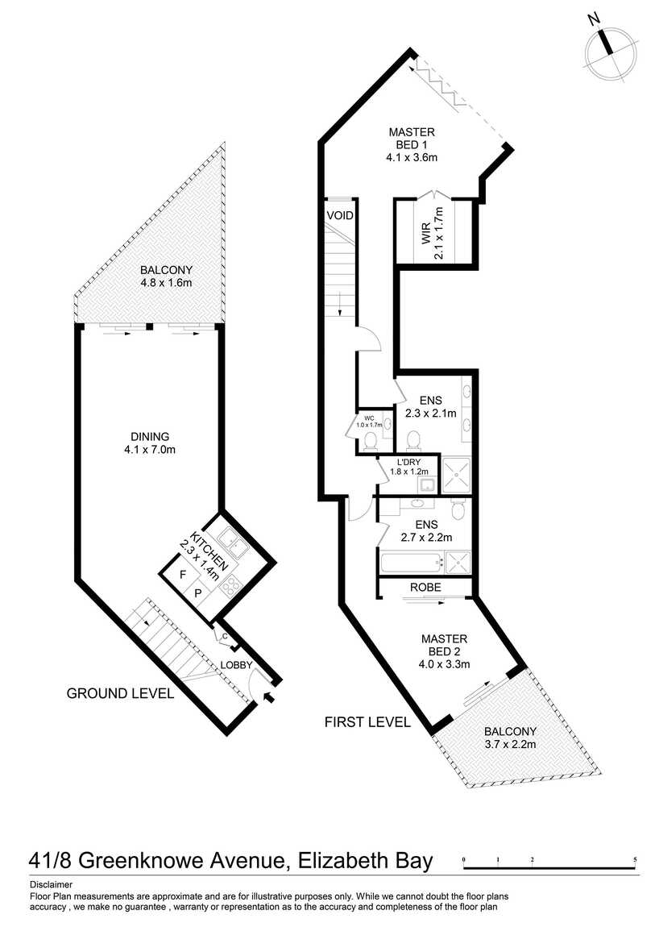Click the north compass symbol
pyautogui.click(x=611, y=52)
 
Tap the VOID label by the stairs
pyautogui.click(x=340, y=216)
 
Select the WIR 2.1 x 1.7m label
pyautogui.click(x=432, y=234)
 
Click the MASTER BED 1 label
pyautogui.click(x=412, y=145)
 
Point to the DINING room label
pyautogui.click(x=150, y=443)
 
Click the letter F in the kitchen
pyautogui.click(x=183, y=574)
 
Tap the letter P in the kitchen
pyautogui.click(x=198, y=593)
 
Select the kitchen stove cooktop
pyautogui.click(x=230, y=585)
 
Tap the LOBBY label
pyautogui.click(x=236, y=665)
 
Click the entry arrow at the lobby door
pyautogui.click(x=267, y=696)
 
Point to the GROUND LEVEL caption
pyautogui.click(x=121, y=693)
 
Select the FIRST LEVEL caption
pyautogui.click(x=367, y=722)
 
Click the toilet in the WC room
pyautogui.click(x=371, y=441)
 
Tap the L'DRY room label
pyautogui.click(x=408, y=467)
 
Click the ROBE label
pyautogui.click(x=426, y=587)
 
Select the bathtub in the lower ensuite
pyautogui.click(x=412, y=562)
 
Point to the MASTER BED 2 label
pyautogui.click(x=444, y=651)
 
